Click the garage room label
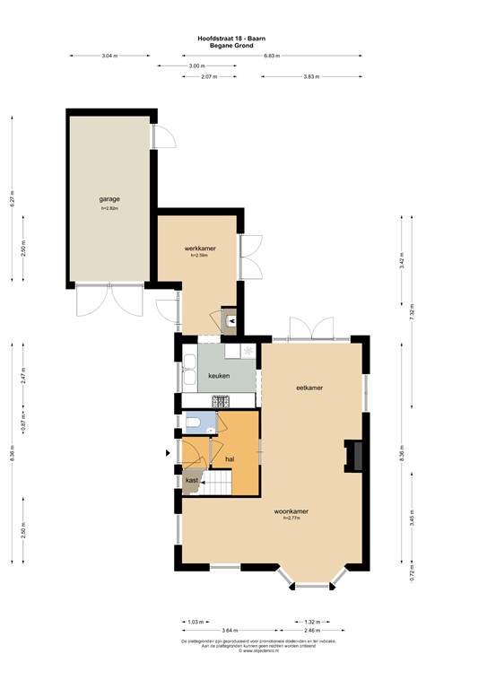[109, 199]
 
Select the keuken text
[219, 376]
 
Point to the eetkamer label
[309, 388]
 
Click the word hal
[230, 458]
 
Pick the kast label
[192, 481]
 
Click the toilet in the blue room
[195, 422]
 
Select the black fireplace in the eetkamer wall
[355, 456]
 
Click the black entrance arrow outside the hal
[169, 454]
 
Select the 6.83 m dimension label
[272, 56]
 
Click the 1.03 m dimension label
[195, 621]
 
